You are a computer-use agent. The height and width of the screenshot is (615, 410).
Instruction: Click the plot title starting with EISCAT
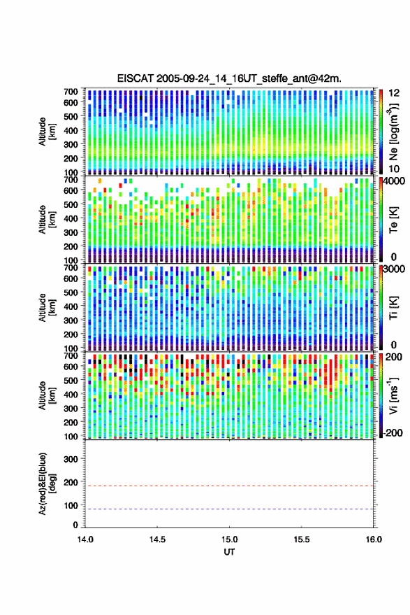pyautogui.click(x=229, y=78)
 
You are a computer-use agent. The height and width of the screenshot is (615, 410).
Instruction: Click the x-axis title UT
pyautogui.click(x=229, y=552)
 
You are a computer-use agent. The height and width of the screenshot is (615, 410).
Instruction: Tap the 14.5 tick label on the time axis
pyautogui.click(x=157, y=539)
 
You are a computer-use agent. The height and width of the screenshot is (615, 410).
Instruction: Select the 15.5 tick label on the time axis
pyautogui.click(x=301, y=539)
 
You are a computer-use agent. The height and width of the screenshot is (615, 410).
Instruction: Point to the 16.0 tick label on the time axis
pyautogui.click(x=373, y=539)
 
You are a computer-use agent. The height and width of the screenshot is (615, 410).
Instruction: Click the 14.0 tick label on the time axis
pyautogui.click(x=85, y=539)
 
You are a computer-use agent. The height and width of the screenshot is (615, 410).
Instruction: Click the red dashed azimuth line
pyautogui.click(x=229, y=486)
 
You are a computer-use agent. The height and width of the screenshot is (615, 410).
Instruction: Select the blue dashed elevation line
pyautogui.click(x=229, y=509)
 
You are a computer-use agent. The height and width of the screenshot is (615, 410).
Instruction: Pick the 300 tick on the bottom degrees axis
pyautogui.click(x=71, y=459)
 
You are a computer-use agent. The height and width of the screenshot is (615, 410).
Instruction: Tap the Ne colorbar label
pyautogui.click(x=393, y=131)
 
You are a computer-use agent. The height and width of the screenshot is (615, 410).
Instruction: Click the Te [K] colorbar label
pyautogui.click(x=393, y=220)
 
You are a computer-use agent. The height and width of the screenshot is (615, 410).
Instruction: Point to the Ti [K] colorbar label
pyautogui.click(x=393, y=308)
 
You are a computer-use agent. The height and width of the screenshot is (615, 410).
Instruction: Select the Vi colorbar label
pyautogui.click(x=393, y=395)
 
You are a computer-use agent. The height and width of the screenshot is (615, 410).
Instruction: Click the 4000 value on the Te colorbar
pyautogui.click(x=394, y=181)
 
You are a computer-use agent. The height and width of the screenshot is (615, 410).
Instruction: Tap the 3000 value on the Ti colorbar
pyautogui.click(x=394, y=269)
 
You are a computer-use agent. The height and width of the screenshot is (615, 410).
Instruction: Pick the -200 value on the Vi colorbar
pyautogui.click(x=391, y=432)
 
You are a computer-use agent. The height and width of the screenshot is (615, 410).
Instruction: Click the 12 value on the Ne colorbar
pyautogui.click(x=394, y=93)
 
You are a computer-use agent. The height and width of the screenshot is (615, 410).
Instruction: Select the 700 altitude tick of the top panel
pyautogui.click(x=71, y=92)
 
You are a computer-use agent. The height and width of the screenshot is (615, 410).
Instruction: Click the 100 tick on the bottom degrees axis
pyautogui.click(x=71, y=506)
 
